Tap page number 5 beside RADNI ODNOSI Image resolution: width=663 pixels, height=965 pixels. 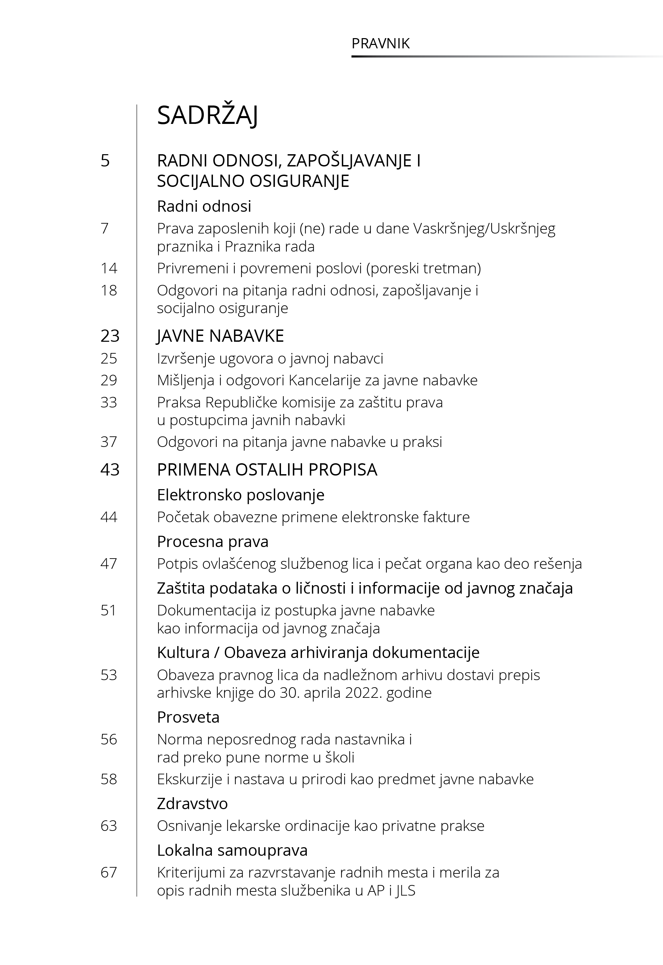(x=105, y=161)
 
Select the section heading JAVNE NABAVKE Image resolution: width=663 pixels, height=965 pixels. (x=220, y=336)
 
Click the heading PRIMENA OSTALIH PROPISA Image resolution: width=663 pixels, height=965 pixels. (x=267, y=470)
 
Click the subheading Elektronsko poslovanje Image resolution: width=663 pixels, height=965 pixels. (x=241, y=495)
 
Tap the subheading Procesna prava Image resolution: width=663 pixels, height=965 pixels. (x=213, y=542)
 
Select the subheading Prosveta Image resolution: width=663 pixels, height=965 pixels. (x=188, y=717)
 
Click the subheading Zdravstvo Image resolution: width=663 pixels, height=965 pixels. (x=192, y=803)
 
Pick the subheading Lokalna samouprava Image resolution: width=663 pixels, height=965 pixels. (x=232, y=850)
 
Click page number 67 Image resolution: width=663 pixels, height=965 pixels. (x=109, y=872)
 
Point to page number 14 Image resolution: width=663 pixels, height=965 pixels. (x=109, y=269)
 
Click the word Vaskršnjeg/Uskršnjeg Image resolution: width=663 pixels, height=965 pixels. (x=484, y=229)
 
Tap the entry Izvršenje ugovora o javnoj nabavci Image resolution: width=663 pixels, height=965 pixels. (x=270, y=358)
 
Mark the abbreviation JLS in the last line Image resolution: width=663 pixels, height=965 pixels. (x=405, y=890)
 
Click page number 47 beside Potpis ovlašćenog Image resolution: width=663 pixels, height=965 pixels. (x=109, y=564)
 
